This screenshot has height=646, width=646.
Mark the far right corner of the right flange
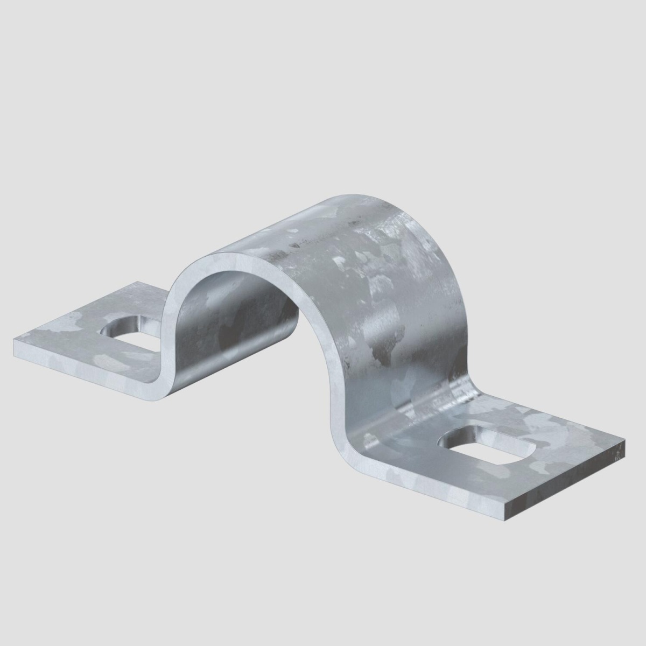click(625, 443)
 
